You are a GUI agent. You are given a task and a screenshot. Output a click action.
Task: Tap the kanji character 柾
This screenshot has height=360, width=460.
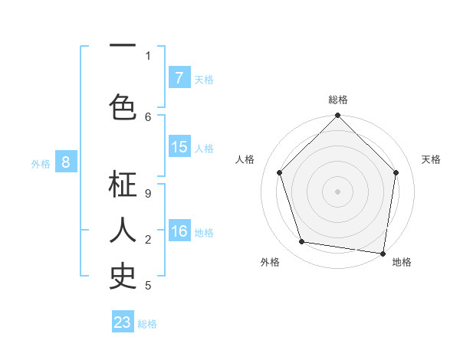click(123, 186)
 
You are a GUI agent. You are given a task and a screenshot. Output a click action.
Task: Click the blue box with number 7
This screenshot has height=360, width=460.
click(179, 78)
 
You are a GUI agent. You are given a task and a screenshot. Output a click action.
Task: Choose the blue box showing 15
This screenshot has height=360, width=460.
click(179, 147)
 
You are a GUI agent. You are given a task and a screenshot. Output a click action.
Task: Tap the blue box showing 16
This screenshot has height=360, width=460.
click(179, 231)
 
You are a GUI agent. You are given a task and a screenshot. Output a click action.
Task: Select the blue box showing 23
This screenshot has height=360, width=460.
click(123, 322)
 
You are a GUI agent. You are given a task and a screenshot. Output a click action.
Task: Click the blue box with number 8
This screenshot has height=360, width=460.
click(66, 162)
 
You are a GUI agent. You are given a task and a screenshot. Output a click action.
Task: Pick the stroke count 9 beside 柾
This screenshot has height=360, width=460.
click(148, 194)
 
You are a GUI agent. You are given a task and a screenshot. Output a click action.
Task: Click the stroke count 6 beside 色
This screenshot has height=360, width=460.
click(148, 117)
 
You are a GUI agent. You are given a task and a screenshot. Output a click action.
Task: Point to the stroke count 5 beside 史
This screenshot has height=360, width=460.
click(148, 286)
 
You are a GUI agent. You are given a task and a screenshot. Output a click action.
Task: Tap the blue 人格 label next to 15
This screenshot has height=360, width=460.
click(204, 148)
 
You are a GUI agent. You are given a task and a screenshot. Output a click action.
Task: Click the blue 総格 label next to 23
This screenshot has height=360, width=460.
click(147, 323)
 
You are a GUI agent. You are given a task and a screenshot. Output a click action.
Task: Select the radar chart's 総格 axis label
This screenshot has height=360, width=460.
click(337, 100)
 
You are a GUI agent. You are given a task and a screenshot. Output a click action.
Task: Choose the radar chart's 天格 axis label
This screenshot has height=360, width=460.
click(431, 159)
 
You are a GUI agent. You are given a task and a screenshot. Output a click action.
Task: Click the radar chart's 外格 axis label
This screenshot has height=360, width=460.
click(270, 262)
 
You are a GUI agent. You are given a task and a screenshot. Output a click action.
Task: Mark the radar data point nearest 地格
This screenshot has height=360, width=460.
click(383, 253)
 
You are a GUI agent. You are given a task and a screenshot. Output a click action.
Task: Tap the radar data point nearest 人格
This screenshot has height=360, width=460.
click(279, 172)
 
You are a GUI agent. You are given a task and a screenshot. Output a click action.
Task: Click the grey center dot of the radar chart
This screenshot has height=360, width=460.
click(337, 191)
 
